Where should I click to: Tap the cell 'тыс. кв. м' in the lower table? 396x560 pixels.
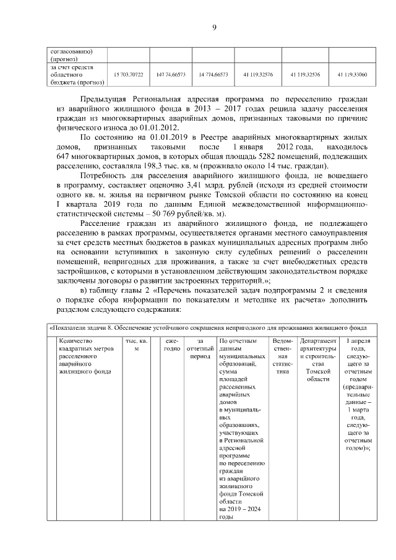click(136, 345)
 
